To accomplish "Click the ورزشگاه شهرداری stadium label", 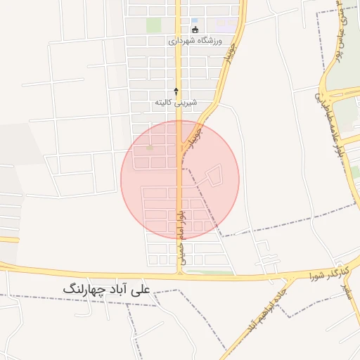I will (x=195, y=41).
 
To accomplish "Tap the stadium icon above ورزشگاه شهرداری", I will (x=195, y=30).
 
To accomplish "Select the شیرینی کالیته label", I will (x=176, y=103).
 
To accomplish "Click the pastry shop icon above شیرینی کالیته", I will (x=176, y=91).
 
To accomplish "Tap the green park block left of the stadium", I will (x=153, y=25).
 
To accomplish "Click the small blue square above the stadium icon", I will (x=195, y=20).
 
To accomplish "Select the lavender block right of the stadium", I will (x=226, y=25).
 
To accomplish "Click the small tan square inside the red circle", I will (x=148, y=148).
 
